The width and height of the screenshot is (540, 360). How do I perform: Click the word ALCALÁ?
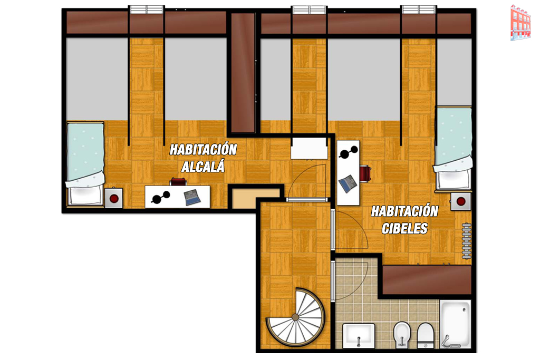click(203, 167)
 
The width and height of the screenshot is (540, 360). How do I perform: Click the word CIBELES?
click(404, 228)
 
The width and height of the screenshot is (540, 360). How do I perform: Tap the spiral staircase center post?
click(295, 317)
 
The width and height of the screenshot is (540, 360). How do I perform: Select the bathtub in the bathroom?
click(455, 324)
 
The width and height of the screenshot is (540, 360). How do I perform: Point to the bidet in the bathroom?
click(402, 334)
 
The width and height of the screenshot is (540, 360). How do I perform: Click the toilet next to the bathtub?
click(426, 335)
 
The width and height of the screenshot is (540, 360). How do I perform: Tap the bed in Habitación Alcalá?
click(85, 164)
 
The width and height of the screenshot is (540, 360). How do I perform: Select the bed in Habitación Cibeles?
click(453, 149)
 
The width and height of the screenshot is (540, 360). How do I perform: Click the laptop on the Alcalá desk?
click(192, 198)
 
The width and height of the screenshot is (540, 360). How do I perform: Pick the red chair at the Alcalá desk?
click(178, 182)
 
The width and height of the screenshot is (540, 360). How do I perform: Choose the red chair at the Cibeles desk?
click(365, 173)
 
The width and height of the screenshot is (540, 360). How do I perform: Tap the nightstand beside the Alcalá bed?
click(114, 198)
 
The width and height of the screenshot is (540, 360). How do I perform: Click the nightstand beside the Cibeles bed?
click(461, 201)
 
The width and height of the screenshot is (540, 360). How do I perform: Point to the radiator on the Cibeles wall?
click(466, 241)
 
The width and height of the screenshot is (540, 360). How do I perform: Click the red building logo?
click(520, 22)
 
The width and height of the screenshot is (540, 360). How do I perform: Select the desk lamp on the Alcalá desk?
click(160, 197)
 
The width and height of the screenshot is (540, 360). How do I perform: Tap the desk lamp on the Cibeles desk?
click(349, 152)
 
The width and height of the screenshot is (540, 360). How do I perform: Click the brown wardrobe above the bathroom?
click(427, 280)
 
